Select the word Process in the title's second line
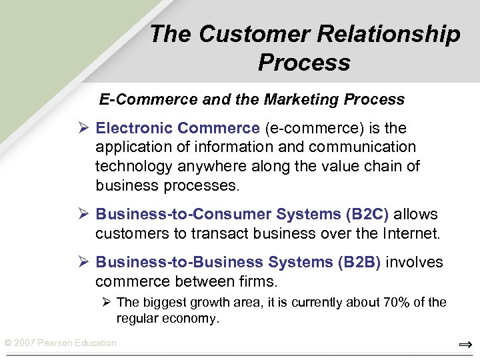coord(304,63)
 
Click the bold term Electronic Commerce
coord(177,128)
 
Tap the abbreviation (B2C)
coord(367,215)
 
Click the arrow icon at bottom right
coord(465,344)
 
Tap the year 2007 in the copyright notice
coord(25,343)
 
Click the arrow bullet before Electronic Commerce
coord(84,128)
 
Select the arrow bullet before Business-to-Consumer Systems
coord(84,215)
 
